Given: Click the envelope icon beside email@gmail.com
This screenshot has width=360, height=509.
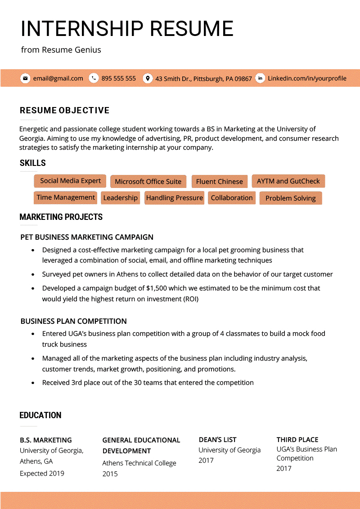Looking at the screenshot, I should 25,78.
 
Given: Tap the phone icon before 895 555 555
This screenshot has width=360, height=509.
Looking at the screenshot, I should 94,78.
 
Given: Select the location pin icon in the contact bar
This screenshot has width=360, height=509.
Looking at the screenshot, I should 147,78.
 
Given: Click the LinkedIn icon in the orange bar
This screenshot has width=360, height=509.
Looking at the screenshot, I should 260,78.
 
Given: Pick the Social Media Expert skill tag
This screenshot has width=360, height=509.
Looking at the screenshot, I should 70,181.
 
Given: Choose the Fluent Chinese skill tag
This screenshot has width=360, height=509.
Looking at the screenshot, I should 219,182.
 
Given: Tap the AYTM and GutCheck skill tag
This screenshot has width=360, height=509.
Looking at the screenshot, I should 288,181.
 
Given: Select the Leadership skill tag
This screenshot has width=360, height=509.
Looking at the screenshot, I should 120,198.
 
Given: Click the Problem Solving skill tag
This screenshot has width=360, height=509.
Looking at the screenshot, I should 291,198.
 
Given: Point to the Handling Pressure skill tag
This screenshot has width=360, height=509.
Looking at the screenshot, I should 174,198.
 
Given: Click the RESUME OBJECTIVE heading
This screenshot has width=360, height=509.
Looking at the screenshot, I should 64,111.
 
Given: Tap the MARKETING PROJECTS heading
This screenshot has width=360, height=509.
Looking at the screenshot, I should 61,217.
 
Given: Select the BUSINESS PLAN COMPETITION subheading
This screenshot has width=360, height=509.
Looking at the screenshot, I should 74,321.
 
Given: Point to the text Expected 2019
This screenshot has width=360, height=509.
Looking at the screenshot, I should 42,473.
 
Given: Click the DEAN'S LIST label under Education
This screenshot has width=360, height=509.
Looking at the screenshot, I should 217,440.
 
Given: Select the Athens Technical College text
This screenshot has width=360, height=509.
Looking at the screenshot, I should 139,463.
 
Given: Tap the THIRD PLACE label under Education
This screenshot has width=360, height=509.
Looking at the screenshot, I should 297,440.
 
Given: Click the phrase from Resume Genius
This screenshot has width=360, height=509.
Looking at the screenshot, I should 61,50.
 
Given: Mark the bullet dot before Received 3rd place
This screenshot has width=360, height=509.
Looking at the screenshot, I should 33,383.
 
